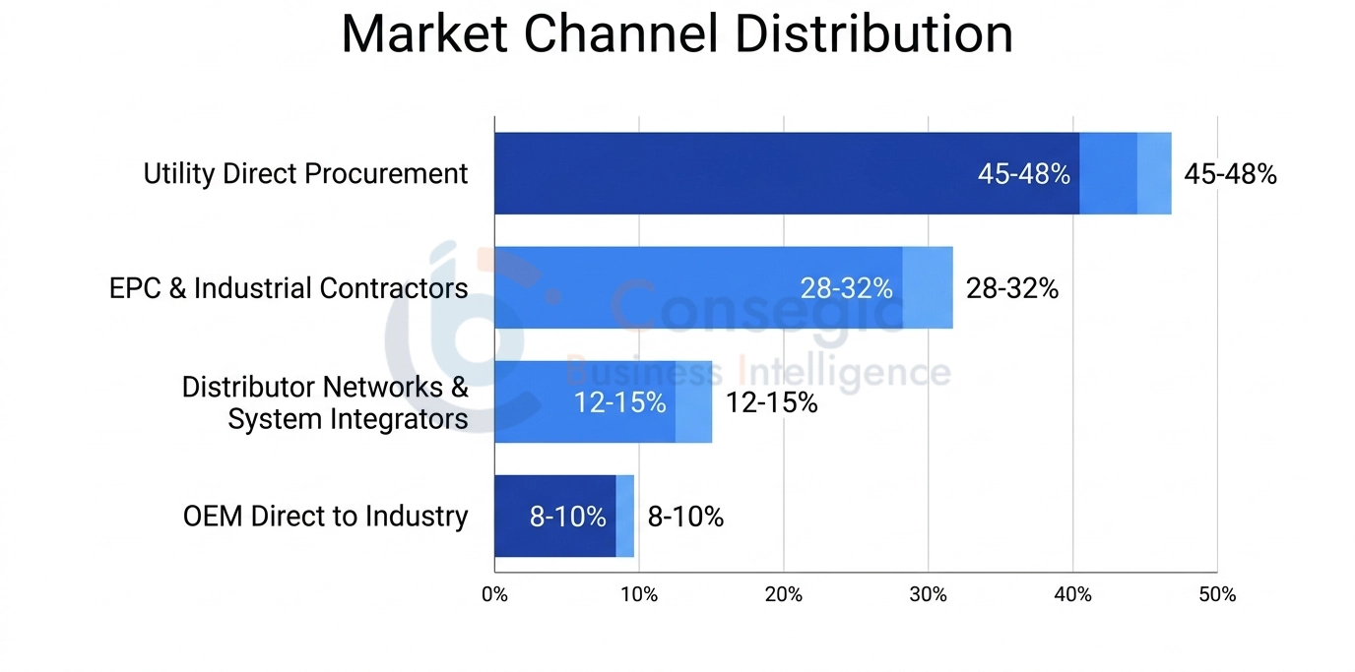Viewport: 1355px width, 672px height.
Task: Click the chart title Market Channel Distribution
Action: (677, 34)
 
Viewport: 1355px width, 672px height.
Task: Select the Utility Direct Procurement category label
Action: (305, 174)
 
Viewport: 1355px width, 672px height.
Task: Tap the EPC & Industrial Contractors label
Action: (289, 288)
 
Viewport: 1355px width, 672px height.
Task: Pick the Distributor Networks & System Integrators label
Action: (325, 402)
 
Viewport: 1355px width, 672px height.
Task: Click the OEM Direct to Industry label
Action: (325, 517)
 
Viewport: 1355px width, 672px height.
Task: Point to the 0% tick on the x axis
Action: (494, 595)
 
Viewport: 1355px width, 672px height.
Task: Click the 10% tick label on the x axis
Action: (639, 595)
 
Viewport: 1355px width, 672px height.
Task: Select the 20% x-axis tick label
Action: (784, 595)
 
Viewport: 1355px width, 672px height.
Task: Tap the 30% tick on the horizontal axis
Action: (929, 595)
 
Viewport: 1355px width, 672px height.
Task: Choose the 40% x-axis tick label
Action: (1072, 595)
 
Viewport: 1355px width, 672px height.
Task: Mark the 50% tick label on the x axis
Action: (1217, 595)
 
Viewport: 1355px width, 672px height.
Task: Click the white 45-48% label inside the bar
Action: (1023, 174)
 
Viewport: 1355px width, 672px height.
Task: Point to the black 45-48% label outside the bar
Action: (1230, 174)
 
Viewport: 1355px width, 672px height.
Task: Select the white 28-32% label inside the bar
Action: (846, 288)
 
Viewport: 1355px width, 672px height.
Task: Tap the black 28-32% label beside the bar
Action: (1011, 288)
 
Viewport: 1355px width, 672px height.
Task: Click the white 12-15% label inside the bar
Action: (619, 402)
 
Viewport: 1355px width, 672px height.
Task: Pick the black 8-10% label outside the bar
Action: (685, 517)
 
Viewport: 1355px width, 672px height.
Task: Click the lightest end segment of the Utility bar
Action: (1154, 174)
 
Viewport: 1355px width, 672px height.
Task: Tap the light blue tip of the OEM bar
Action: (625, 517)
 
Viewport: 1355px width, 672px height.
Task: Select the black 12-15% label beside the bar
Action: (771, 402)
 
